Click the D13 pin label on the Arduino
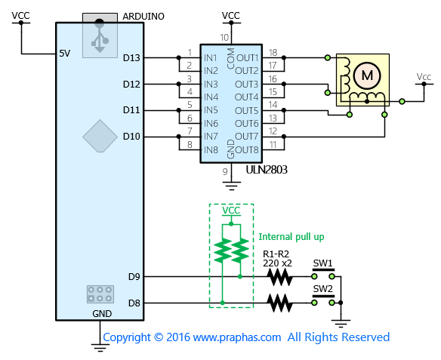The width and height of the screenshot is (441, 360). (x=131, y=58)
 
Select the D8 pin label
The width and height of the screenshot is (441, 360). (x=134, y=303)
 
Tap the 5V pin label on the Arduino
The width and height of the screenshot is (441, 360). (x=65, y=54)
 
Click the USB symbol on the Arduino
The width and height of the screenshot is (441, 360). (x=100, y=35)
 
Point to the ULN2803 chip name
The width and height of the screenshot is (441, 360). (x=267, y=170)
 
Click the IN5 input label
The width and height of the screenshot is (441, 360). (x=211, y=110)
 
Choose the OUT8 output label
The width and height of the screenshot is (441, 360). (x=247, y=149)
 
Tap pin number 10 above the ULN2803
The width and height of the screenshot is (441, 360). (x=224, y=38)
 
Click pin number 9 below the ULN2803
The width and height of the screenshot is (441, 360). (x=225, y=171)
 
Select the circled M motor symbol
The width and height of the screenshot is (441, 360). (x=367, y=75)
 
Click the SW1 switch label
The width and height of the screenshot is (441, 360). (x=323, y=263)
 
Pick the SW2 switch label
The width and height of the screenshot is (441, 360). (x=323, y=289)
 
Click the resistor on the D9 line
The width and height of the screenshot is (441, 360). (x=279, y=277)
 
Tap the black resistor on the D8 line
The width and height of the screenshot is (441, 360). (x=279, y=303)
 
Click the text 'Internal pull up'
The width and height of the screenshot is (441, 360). (x=291, y=237)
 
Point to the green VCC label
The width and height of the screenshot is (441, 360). (x=231, y=211)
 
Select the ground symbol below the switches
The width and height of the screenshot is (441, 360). (x=341, y=324)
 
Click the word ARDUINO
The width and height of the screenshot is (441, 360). (x=143, y=17)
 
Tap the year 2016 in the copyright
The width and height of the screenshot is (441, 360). (x=178, y=337)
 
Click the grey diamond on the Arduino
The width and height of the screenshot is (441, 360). (x=100, y=136)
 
